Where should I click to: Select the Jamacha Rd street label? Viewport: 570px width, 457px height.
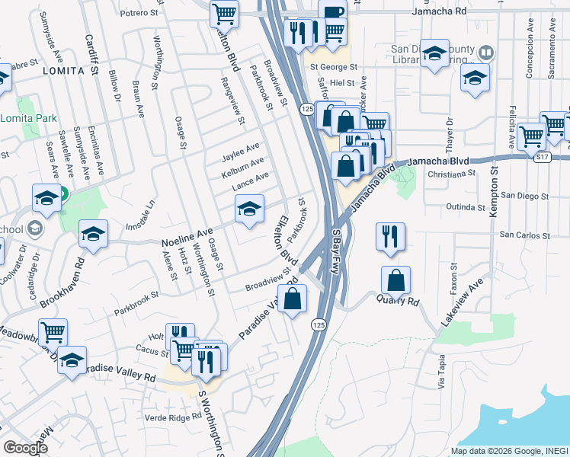[x=440, y=12]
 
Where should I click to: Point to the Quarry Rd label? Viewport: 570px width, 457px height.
[x=398, y=301]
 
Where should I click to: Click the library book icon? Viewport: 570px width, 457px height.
[x=486, y=53]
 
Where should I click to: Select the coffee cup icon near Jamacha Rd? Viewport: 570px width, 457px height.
[x=332, y=11]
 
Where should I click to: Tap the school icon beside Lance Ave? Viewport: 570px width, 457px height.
[x=249, y=208]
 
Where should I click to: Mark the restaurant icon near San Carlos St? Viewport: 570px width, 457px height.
[x=389, y=237]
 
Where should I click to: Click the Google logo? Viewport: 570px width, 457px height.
[x=25, y=448]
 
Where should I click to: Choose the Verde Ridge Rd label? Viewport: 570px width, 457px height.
[x=174, y=417]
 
